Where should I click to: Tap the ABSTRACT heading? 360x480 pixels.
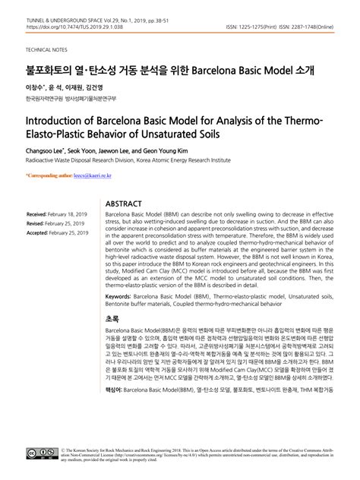(123, 204)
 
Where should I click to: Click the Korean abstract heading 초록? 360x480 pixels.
(112, 320)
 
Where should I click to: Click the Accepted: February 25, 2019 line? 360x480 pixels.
(59, 234)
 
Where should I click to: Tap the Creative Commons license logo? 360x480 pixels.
(41, 453)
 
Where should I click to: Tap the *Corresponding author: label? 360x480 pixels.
(49, 175)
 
